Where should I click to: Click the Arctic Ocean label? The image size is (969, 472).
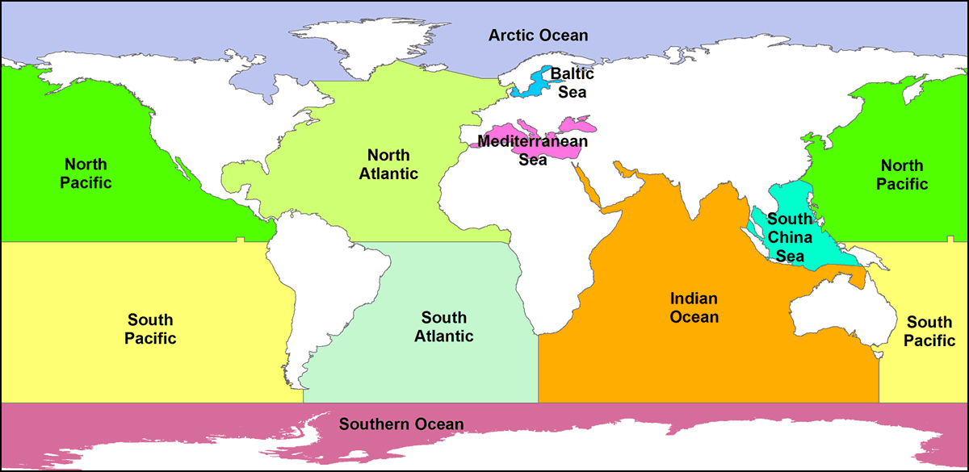(x=538, y=36)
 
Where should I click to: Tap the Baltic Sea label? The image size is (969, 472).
(x=572, y=82)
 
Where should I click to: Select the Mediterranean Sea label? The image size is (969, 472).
(x=532, y=150)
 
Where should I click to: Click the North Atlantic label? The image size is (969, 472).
(x=389, y=164)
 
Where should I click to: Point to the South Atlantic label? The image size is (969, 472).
(x=443, y=327)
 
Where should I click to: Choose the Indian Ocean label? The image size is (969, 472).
(x=694, y=307)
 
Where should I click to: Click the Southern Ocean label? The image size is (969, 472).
(x=401, y=424)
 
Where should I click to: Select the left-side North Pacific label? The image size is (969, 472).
(x=86, y=173)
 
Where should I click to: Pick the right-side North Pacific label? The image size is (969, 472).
(x=902, y=174)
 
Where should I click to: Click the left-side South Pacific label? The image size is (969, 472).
(x=150, y=329)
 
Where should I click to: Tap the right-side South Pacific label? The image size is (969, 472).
(x=929, y=331)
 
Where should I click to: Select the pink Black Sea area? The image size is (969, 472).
(x=578, y=125)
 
